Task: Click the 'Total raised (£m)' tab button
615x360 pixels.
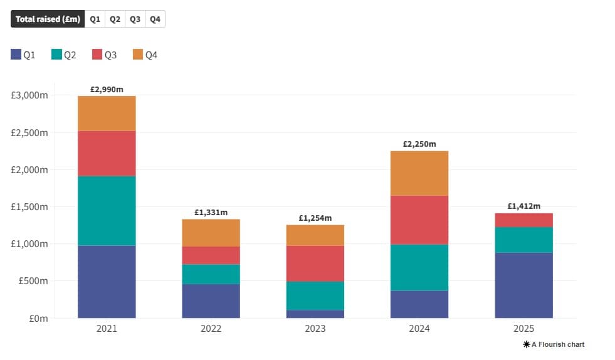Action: click(48, 19)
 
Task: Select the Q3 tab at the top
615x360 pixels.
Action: click(135, 19)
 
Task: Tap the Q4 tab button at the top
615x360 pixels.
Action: click(155, 19)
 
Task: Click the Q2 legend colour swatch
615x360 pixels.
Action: click(56, 55)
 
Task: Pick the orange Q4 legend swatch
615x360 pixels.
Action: click(138, 55)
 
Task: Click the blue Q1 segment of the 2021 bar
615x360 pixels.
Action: click(107, 282)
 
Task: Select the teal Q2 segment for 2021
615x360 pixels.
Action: click(107, 211)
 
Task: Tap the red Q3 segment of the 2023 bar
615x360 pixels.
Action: click(315, 263)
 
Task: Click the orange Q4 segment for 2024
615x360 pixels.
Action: click(419, 173)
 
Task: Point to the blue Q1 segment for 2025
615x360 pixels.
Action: click(523, 285)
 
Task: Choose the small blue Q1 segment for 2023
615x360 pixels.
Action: click(315, 314)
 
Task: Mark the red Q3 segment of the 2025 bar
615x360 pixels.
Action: click(523, 220)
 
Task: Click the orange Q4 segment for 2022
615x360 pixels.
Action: click(211, 233)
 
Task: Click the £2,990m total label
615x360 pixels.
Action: click(107, 90)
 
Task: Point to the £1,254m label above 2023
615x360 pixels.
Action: click(315, 218)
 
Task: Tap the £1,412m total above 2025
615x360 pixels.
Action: click(523, 206)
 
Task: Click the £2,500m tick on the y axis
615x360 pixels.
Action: click(29, 132)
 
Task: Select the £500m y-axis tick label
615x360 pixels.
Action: click(34, 281)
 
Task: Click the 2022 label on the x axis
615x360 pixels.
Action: click(211, 329)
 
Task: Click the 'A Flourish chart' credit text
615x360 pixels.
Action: click(554, 344)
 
